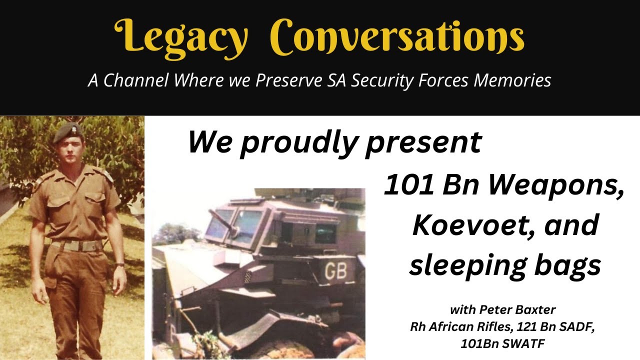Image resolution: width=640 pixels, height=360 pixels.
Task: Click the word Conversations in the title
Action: pyautogui.click(x=397, y=37)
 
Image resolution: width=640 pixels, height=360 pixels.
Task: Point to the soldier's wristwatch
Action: pyautogui.click(x=119, y=265)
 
